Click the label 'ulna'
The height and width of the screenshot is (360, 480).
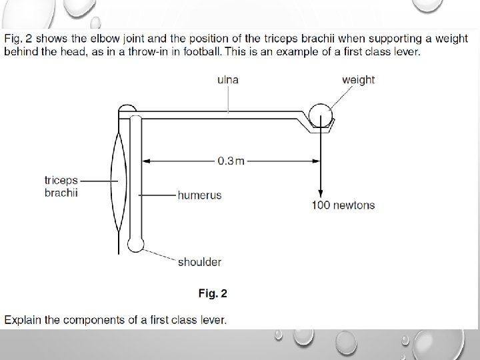click(x=228, y=80)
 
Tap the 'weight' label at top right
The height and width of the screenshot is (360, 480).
click(x=358, y=80)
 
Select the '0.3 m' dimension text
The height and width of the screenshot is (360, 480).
click(x=231, y=160)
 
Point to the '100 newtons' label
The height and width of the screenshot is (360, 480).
click(x=343, y=205)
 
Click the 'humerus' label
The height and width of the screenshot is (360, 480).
click(x=199, y=195)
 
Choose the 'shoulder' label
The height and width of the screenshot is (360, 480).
click(x=199, y=262)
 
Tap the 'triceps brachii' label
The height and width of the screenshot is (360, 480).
click(x=61, y=187)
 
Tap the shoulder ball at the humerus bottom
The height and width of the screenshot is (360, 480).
click(x=136, y=244)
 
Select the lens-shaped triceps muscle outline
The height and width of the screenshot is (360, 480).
click(x=119, y=180)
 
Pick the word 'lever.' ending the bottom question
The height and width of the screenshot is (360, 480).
click(x=212, y=319)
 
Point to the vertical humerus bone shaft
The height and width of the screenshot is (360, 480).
click(x=135, y=180)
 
